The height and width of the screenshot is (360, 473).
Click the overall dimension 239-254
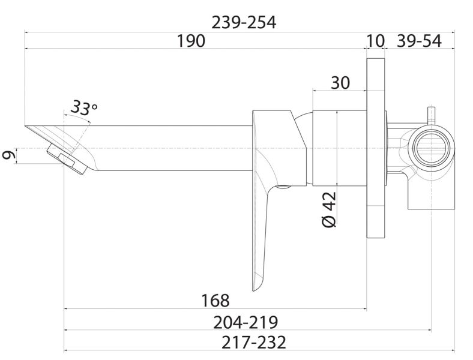click(x=244, y=23)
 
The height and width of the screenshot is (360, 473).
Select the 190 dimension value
click(x=191, y=41)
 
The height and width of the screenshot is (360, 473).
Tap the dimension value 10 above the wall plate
click(x=376, y=41)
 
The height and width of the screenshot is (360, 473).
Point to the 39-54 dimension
click(x=419, y=41)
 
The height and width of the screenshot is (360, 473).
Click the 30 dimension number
click(x=340, y=82)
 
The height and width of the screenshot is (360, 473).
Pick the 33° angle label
click(x=83, y=107)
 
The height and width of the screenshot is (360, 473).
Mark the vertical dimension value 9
click(x=9, y=155)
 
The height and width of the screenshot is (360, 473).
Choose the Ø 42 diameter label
click(x=329, y=209)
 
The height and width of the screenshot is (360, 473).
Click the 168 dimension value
click(x=215, y=301)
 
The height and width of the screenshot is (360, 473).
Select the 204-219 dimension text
click(x=246, y=322)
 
